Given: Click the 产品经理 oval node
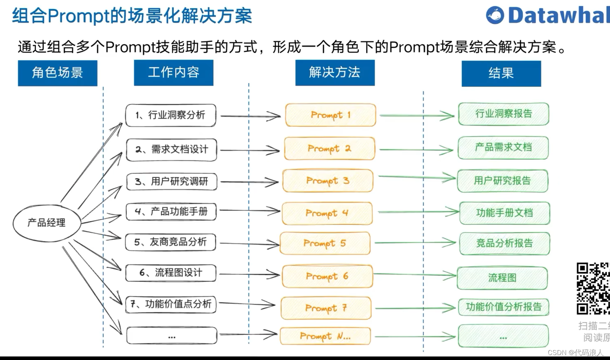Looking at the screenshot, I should point(47,223).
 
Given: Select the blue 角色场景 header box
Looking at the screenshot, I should point(58,73).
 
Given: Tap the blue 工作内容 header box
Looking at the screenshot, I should point(174,72).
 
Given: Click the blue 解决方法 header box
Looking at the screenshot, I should point(335,72).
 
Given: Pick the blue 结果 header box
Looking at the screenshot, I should point(501,73).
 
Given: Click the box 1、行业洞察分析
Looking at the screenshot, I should point(170,115).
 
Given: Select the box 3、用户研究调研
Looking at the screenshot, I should point(171,181).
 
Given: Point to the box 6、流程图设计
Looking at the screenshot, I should point(171,273).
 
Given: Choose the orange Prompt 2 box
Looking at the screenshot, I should point(330,148).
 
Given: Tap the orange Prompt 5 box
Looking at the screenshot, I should point(325,243).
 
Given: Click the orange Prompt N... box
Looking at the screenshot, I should point(325,336).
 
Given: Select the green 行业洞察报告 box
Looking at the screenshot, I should point(503,114).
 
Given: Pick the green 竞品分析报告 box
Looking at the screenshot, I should point(504,243).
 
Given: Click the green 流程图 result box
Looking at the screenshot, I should point(502,278).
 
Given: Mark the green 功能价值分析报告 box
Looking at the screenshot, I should point(503,307).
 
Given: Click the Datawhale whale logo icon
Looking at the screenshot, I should point(495,16).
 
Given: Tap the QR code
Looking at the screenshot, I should point(593,288).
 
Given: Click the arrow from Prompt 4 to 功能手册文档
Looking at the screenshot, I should point(418,212).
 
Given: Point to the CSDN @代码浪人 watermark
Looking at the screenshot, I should point(575,352).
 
